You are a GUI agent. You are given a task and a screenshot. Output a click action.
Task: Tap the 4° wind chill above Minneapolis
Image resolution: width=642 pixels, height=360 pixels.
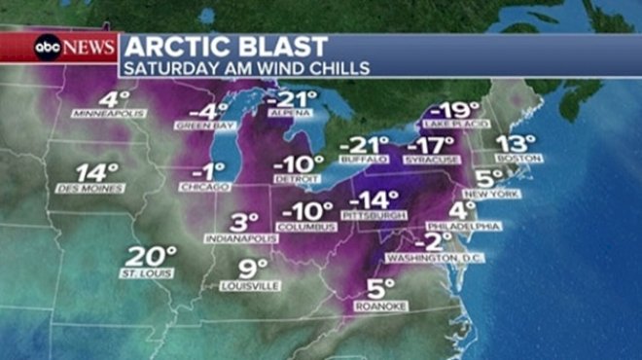(114, 99)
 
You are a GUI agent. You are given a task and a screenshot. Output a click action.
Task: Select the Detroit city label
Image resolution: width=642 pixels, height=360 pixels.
(298, 179)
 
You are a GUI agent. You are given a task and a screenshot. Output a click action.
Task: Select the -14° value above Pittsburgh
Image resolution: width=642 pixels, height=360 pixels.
(374, 200)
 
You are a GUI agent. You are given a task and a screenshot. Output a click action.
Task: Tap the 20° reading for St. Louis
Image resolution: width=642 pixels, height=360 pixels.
(150, 257)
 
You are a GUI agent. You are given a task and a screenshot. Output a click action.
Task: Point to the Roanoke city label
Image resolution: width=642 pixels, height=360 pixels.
(381, 305)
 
